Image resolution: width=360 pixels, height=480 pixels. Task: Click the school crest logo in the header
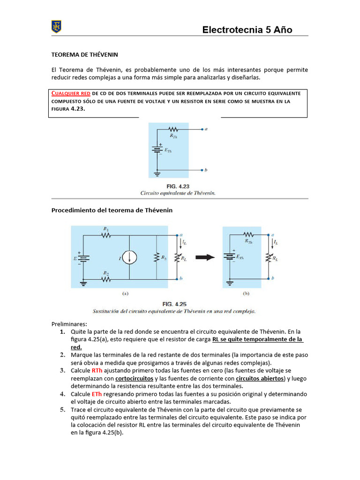(x=57, y=27)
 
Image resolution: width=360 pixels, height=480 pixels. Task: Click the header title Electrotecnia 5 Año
(x=247, y=30)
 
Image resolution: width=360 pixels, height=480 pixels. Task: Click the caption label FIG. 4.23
(x=178, y=186)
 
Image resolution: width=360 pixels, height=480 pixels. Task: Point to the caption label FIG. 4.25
(x=174, y=304)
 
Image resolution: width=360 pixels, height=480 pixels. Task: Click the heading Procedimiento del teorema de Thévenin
(x=112, y=210)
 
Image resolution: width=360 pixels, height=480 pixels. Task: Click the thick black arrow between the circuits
(x=204, y=257)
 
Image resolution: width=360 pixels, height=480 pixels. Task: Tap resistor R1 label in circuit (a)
(x=106, y=229)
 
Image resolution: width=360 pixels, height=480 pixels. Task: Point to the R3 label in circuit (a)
(x=163, y=258)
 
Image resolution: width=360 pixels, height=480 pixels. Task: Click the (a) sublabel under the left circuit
(x=125, y=294)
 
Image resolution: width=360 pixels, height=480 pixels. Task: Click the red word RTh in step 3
(x=97, y=370)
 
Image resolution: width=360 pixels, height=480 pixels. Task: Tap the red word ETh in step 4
(x=97, y=394)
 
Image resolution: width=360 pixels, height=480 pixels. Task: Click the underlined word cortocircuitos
(x=134, y=378)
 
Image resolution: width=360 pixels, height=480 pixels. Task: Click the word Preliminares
(x=69, y=324)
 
